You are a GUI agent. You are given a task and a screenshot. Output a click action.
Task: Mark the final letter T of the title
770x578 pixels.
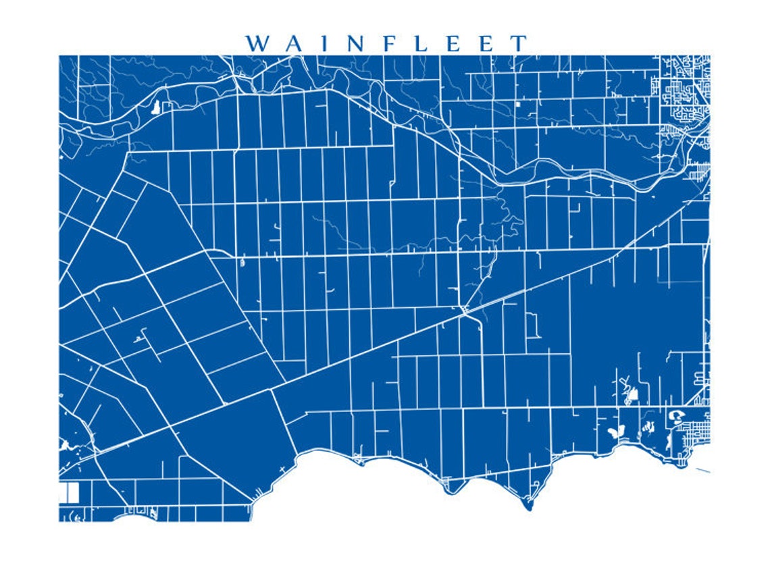pos(518,44)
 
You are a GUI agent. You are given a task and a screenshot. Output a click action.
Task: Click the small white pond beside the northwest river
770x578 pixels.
pos(157,107)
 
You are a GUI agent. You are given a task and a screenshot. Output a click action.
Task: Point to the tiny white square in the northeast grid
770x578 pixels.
pos(518,104)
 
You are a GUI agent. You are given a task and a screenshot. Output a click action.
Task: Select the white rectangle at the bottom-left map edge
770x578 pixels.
pos(69,492)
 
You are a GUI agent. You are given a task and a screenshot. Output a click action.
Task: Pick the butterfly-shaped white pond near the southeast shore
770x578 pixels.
pos(614,430)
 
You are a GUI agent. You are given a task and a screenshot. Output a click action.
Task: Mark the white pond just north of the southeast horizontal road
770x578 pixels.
pos(632,393)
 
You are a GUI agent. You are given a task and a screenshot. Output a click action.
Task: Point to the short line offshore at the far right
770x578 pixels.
pos(701,470)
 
